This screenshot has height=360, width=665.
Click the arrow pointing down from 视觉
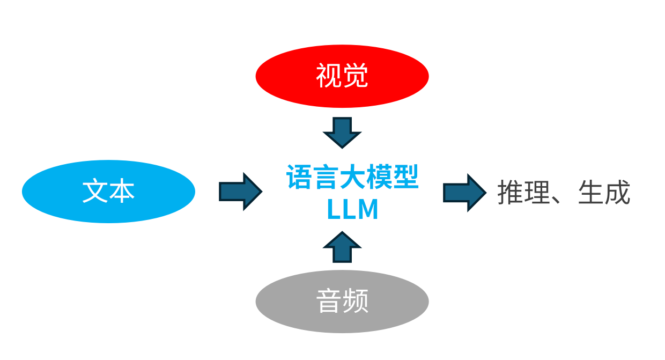342,132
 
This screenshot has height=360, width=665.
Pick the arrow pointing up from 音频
342,247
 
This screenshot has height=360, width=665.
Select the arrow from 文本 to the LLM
240,192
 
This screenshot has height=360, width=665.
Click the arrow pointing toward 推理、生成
464,193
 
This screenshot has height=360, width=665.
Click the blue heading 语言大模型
352,177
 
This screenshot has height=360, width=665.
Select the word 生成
604,193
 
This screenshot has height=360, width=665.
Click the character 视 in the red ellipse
328,76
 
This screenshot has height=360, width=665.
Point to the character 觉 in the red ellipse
356,76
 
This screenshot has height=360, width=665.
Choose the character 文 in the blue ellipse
95,191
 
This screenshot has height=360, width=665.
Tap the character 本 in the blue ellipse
122,191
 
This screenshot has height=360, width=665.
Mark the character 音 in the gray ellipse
328,301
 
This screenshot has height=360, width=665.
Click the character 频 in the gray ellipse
356,301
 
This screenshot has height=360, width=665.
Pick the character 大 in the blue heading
352,177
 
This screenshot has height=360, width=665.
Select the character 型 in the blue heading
405,177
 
